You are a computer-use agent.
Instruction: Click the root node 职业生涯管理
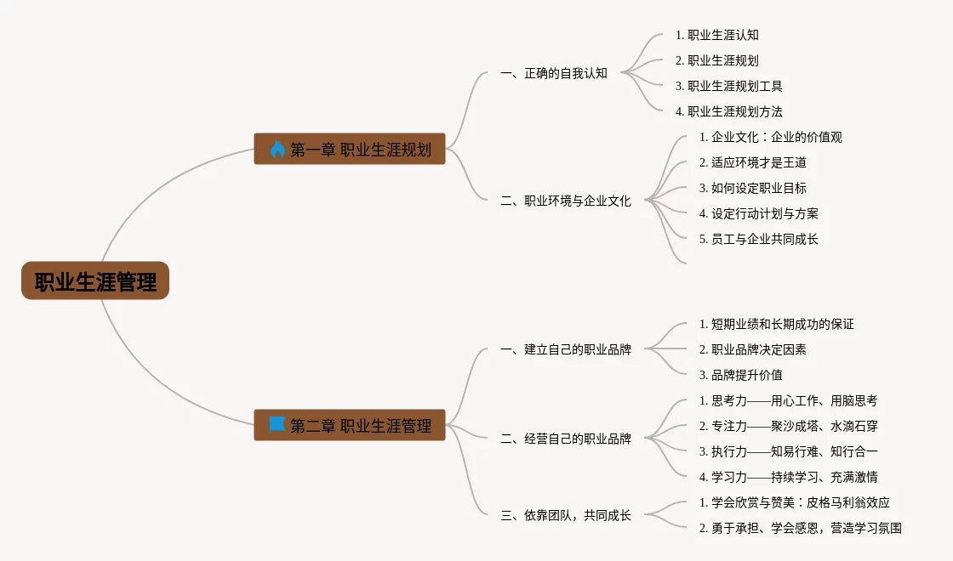(95, 281)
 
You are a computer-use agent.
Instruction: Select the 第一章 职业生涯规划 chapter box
(350, 150)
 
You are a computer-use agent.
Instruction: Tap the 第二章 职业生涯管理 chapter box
(350, 426)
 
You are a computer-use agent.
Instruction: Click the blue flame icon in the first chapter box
(277, 150)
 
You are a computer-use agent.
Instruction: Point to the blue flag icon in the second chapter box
(277, 425)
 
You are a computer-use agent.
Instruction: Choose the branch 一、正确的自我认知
(554, 73)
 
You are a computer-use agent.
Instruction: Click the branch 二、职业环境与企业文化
(566, 201)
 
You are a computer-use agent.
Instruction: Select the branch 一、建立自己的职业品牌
(566, 349)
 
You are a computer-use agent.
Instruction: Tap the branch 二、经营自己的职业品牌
(566, 439)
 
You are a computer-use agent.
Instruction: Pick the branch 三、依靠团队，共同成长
(566, 515)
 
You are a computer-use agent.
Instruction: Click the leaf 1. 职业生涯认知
(716, 35)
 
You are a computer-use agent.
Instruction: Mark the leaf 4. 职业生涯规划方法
(728, 111)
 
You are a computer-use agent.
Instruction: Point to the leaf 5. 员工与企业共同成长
(758, 239)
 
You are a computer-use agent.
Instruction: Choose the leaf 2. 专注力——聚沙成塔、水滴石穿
(788, 426)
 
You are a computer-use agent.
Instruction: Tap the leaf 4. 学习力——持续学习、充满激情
(788, 477)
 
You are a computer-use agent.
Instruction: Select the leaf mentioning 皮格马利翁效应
(794, 502)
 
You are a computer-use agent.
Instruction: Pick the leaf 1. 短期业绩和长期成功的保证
(776, 324)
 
